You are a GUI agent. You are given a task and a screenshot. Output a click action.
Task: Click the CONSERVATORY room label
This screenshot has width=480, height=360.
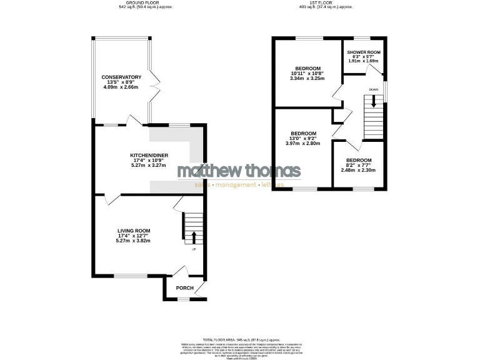click(122, 77)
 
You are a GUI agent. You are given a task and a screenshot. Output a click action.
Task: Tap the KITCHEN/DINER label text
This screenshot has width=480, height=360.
click(149, 155)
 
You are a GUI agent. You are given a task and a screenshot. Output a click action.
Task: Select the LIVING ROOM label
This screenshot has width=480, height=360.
click(134, 231)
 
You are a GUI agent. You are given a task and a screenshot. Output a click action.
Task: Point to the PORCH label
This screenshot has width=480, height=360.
click(184, 288)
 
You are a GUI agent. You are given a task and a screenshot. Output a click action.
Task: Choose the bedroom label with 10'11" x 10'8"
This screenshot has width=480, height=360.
click(307, 68)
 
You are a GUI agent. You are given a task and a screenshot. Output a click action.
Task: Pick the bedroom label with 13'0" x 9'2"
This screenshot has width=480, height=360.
click(303, 133)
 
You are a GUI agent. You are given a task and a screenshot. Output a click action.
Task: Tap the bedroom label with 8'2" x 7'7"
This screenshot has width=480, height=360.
click(359, 160)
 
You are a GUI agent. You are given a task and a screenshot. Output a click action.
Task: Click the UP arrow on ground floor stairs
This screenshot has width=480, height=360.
click(193, 237)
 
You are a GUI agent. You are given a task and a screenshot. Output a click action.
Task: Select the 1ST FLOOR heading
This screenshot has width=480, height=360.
click(327, 3)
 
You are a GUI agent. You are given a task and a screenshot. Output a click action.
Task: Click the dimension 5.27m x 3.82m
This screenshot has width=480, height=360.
click(134, 241)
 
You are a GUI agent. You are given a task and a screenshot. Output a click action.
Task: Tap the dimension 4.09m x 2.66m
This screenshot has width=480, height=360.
click(122, 87)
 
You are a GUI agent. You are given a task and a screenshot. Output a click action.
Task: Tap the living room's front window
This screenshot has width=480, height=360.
click(130, 276)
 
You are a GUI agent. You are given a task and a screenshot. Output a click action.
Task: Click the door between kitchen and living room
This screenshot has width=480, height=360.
click(111, 198)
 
